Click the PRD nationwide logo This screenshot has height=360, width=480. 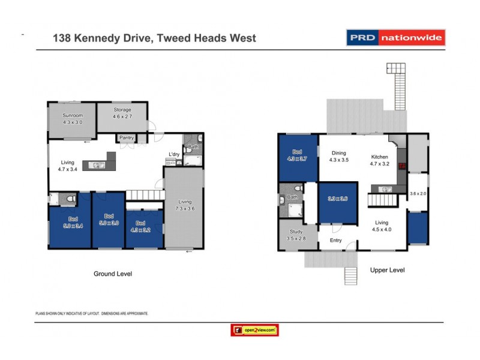pyautogui.click(x=396, y=38)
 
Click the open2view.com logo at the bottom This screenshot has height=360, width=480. pyautogui.click(x=254, y=330)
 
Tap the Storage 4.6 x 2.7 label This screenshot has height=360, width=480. pyautogui.click(x=122, y=113)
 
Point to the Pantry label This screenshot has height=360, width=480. pyautogui.click(x=127, y=138)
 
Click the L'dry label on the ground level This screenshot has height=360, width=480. pyautogui.click(x=174, y=155)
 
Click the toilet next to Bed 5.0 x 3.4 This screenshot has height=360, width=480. pyautogui.click(x=70, y=199)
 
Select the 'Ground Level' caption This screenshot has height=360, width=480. pyautogui.click(x=112, y=274)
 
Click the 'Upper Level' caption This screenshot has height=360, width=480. pyautogui.click(x=387, y=270)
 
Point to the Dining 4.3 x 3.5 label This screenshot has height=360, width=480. pyautogui.click(x=339, y=157)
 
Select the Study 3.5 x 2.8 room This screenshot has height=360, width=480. pyautogui.click(x=295, y=235)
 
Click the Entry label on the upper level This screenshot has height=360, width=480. pyautogui.click(x=335, y=241)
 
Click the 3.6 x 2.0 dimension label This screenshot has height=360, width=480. pyautogui.click(x=417, y=194)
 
